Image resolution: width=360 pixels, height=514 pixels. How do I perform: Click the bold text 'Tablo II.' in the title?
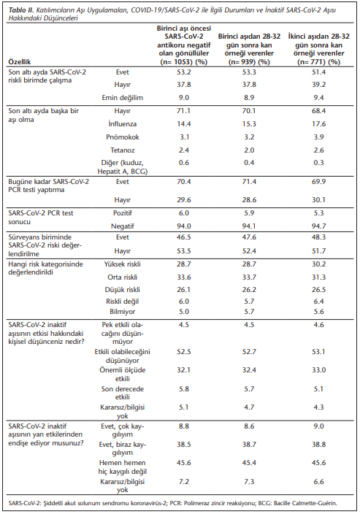tap(21, 9)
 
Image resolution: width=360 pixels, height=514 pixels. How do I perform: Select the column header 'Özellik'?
tap(20, 62)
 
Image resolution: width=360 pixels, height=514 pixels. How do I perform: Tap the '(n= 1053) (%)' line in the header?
tap(183, 62)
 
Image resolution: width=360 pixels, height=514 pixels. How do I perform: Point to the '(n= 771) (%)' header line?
tap(318, 62)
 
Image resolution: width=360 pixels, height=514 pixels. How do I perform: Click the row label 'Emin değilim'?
tap(122, 98)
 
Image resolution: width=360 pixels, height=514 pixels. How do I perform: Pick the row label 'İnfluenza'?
tap(122, 124)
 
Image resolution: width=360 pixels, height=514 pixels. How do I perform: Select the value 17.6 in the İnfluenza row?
tap(318, 124)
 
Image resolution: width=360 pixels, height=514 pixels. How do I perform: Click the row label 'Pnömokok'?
tap(122, 137)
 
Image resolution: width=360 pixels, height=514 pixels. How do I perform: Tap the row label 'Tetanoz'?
tap(122, 150)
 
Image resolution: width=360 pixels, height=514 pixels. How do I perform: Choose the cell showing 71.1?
tap(183, 111)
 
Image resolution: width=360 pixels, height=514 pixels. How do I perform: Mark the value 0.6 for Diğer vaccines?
tap(183, 163)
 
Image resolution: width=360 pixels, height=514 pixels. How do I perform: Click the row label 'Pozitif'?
tap(122, 213)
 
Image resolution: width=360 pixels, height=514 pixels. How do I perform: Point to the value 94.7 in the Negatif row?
tap(318, 226)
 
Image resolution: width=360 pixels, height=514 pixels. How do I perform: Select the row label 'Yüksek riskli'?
tap(122, 264)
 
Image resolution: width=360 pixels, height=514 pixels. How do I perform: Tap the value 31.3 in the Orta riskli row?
tap(318, 277)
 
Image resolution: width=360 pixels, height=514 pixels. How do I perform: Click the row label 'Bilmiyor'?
tap(122, 312)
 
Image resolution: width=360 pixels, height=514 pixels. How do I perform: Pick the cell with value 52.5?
tap(183, 352)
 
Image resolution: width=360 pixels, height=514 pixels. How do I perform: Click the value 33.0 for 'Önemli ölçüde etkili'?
tap(318, 370)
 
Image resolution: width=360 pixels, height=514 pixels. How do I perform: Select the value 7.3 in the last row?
tap(249, 482)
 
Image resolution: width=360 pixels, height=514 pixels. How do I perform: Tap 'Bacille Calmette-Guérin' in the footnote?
tap(305, 503)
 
